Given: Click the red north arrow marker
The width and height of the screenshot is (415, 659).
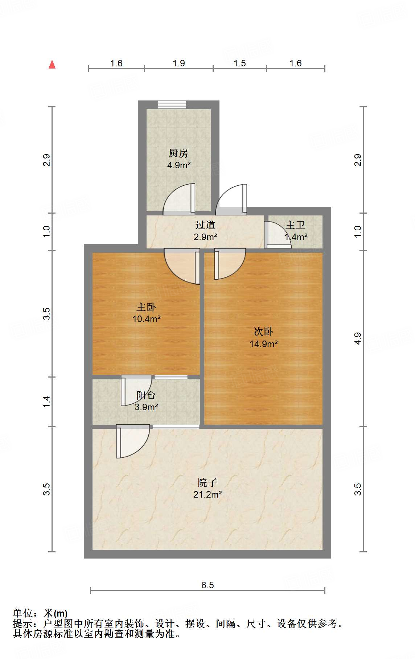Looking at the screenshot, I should pyautogui.click(x=52, y=64).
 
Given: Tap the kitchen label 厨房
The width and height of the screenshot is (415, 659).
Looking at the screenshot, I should pyautogui.click(x=178, y=153).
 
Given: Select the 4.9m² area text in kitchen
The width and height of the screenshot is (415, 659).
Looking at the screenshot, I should pyautogui.click(x=178, y=165).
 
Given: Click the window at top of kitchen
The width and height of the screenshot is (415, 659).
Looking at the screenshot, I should pyautogui.click(x=172, y=104).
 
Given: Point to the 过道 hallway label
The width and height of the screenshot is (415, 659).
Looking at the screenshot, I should pyautogui.click(x=205, y=225).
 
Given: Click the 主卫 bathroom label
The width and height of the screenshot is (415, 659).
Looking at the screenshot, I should pyautogui.click(x=295, y=225).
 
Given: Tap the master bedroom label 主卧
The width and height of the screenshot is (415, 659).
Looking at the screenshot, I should pyautogui.click(x=146, y=307).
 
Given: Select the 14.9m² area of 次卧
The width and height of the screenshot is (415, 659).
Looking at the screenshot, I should pyautogui.click(x=263, y=344).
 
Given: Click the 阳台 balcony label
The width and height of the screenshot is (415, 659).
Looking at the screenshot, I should pyautogui.click(x=146, y=395).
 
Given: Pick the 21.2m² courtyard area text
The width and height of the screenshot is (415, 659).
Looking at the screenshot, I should pyautogui.click(x=207, y=494).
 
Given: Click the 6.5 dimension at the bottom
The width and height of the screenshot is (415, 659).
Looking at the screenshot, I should pyautogui.click(x=207, y=585).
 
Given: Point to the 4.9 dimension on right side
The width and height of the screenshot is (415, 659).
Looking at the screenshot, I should pyautogui.click(x=358, y=338).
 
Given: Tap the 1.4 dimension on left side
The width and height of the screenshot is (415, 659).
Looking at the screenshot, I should pyautogui.click(x=46, y=401).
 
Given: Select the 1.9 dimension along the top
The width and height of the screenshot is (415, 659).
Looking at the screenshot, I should pyautogui.click(x=178, y=63).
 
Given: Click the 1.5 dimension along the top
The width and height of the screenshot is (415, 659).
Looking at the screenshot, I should pyautogui.click(x=239, y=63).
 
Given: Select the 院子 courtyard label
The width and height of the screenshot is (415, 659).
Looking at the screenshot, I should pyautogui.click(x=207, y=483).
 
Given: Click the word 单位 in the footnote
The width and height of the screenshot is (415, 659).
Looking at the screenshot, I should pyautogui.click(x=23, y=613).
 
